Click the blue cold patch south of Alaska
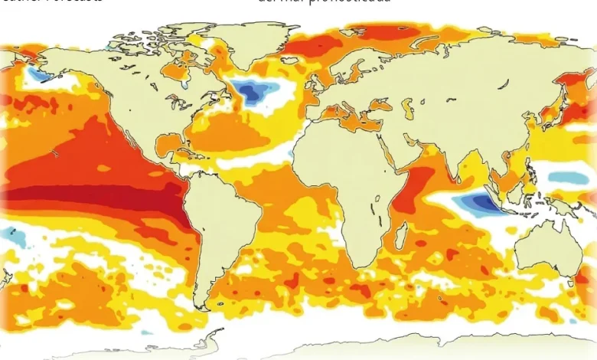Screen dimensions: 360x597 (x=38, y=75)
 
